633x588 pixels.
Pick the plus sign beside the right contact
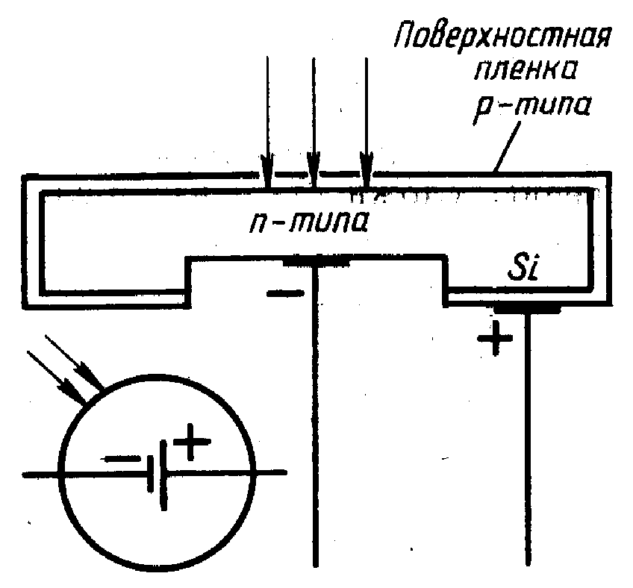[x=494, y=340]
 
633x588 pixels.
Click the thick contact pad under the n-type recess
[x=316, y=261]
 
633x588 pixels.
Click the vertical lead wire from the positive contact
[x=528, y=448]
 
